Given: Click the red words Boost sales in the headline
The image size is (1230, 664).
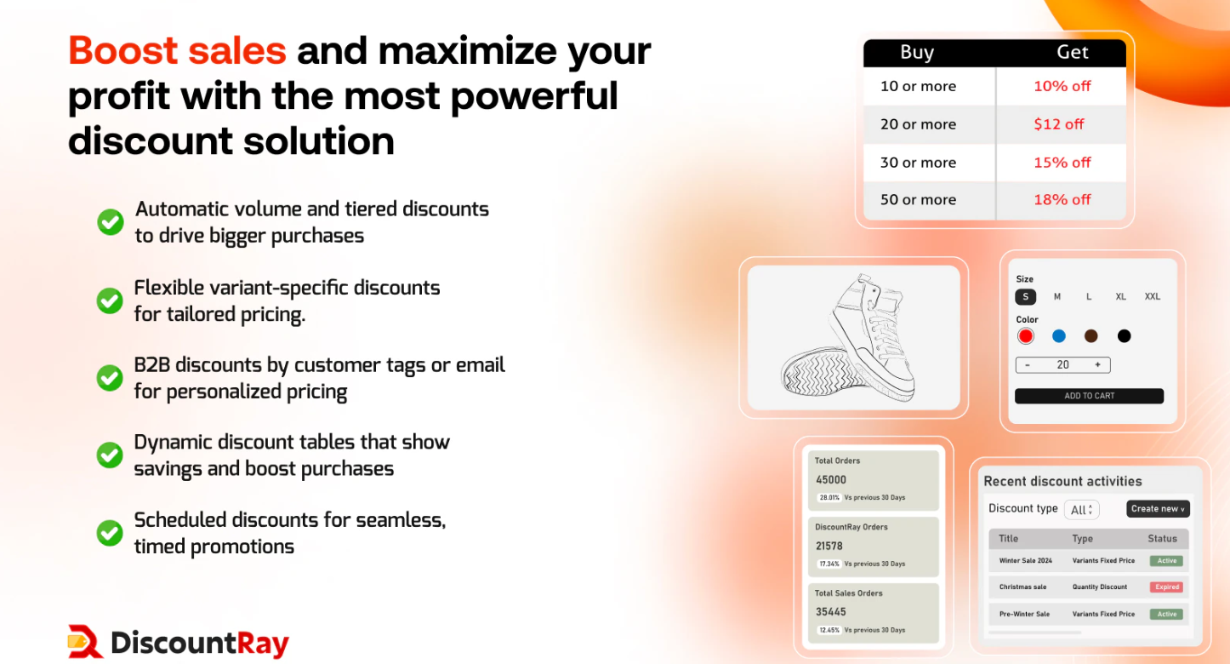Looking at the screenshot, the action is tap(177, 50).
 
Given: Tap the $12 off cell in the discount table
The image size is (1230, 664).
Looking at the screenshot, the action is tap(1059, 124).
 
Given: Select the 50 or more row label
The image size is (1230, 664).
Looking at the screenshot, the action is tap(918, 199).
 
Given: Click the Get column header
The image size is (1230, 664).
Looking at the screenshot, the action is tap(1072, 52).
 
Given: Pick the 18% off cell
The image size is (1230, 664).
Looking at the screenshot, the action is tap(1062, 199).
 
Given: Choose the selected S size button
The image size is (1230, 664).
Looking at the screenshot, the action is tap(1025, 297).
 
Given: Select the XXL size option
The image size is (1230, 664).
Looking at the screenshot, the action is tap(1152, 297).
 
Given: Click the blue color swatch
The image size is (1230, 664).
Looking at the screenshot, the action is tap(1059, 336).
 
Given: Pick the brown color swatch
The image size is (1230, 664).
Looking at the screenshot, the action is tap(1091, 336).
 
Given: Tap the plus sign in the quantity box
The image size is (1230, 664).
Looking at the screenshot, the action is tap(1097, 365).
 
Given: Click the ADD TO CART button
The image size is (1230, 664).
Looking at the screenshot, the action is tap(1089, 396).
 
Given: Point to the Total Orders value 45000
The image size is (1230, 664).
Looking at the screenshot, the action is tap(831, 480).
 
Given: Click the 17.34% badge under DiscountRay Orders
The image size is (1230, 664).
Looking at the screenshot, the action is tap(829, 564).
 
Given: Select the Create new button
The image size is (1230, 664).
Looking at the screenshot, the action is tap(1158, 509).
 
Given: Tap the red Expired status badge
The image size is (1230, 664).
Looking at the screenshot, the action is tap(1166, 587).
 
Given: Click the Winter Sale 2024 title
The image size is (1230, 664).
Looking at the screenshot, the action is tap(1025, 561).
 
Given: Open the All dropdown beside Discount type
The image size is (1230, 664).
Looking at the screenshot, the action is tap(1081, 510).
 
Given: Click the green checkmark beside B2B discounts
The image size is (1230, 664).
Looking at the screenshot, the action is tap(110, 378).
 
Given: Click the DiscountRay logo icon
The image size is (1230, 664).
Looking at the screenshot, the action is tap(85, 642).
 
